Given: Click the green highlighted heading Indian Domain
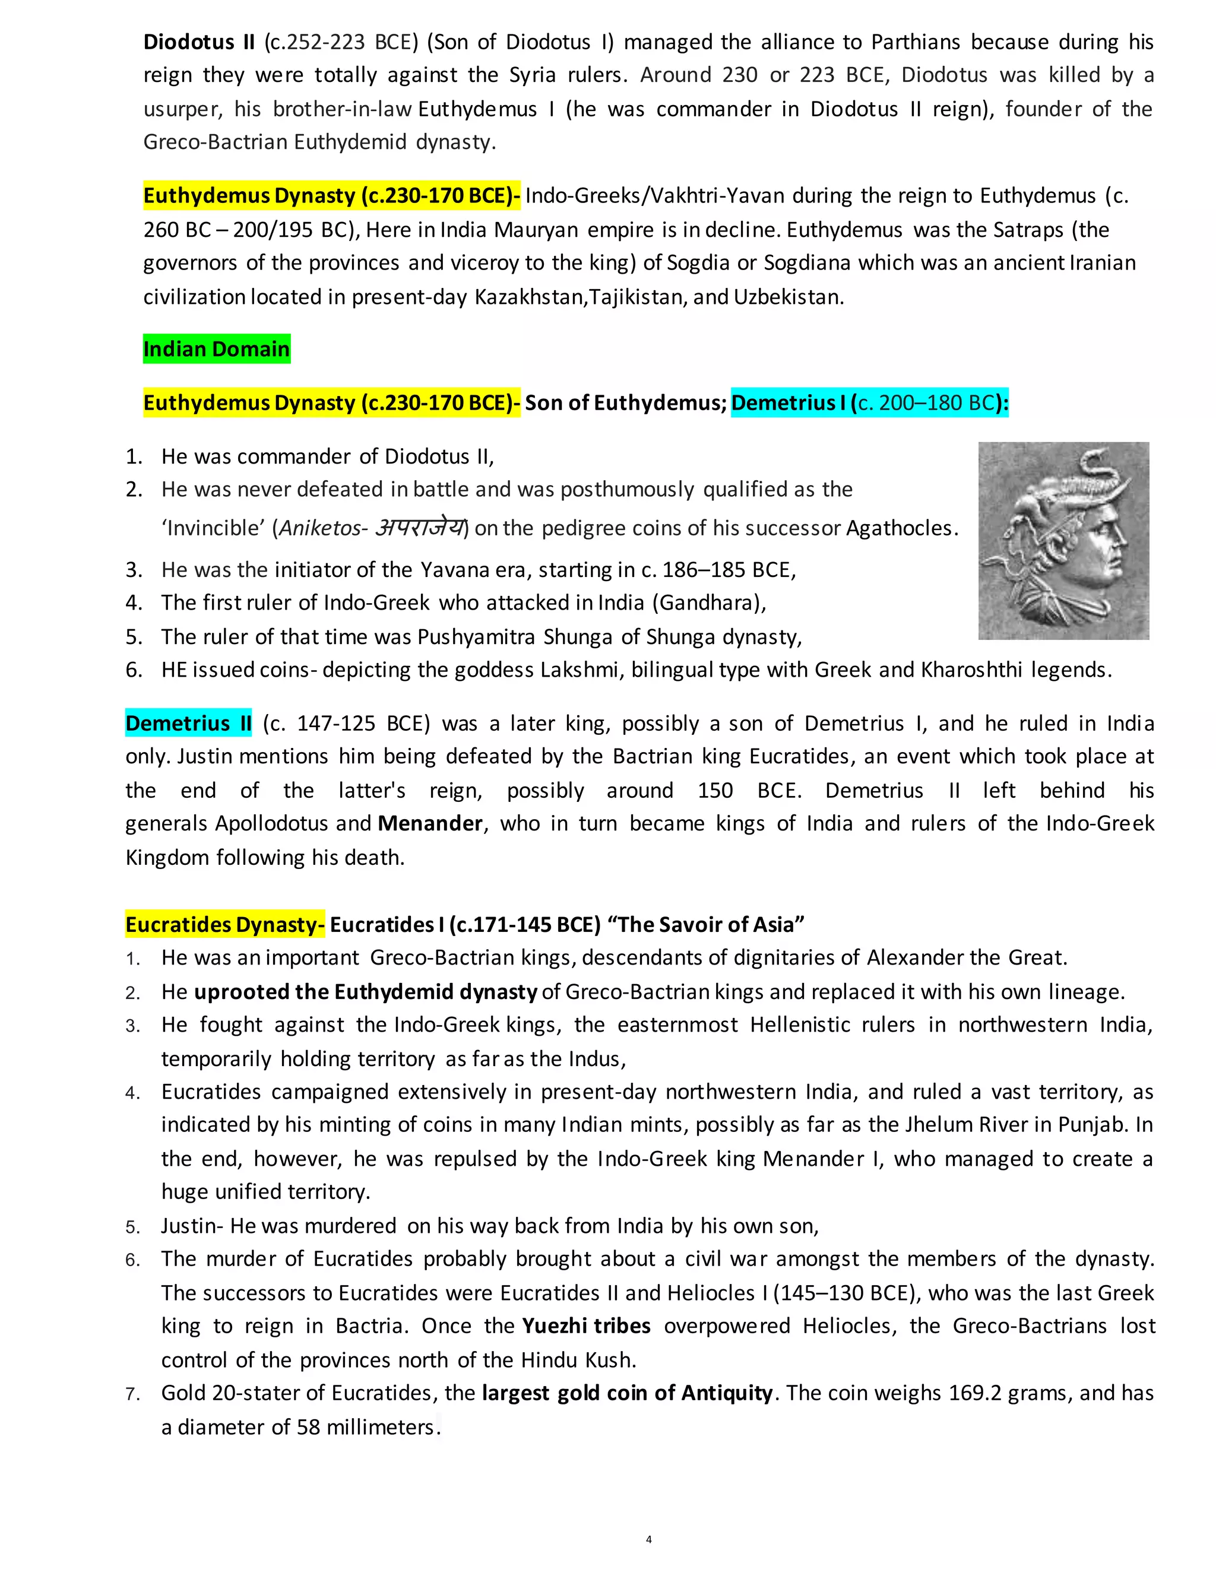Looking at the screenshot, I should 216,349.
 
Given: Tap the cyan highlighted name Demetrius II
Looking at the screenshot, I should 188,723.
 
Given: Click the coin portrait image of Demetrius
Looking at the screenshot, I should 1063,541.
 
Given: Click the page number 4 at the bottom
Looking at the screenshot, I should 648,1539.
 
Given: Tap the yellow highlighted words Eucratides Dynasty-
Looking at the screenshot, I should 225,924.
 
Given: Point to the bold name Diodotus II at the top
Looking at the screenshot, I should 199,42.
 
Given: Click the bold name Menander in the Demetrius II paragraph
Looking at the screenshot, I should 430,823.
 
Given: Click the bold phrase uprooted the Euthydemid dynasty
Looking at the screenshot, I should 365,992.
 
